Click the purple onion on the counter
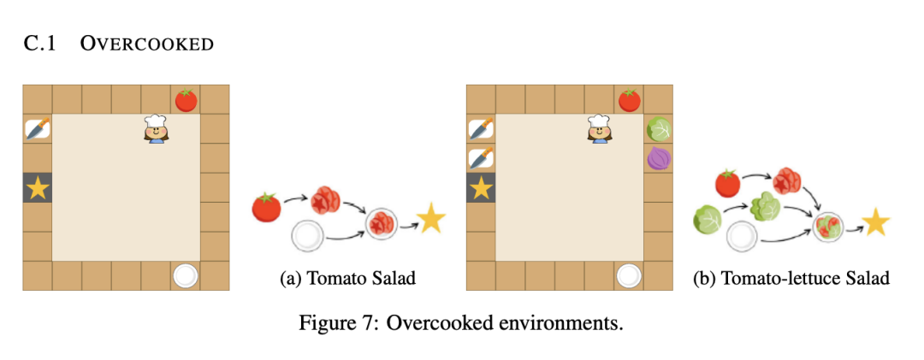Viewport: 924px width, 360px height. [x=659, y=158]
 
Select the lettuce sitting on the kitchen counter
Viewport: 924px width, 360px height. [x=659, y=129]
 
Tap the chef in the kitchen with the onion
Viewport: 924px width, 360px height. [x=600, y=129]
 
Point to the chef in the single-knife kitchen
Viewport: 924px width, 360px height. [x=156, y=129]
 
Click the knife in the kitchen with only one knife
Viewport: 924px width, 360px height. [x=38, y=129]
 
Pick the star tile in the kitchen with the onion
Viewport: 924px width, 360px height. [x=481, y=188]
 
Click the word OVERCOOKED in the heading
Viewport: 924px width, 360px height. [x=147, y=44]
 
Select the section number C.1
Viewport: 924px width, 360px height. [x=40, y=44]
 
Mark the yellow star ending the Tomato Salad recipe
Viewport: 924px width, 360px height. [x=431, y=221]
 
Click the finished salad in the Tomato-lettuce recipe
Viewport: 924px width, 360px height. [x=828, y=227]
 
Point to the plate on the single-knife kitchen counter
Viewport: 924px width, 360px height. [x=186, y=276]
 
